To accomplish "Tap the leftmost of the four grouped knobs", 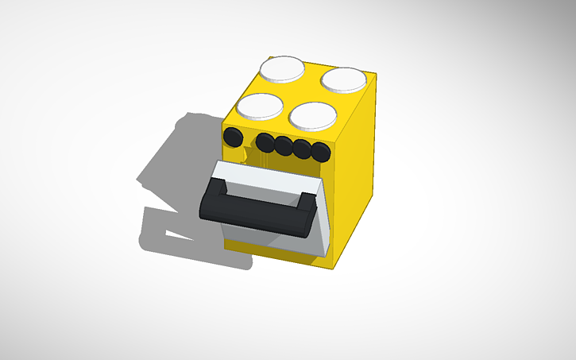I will (x=265, y=143).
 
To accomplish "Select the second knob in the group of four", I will (x=284, y=145).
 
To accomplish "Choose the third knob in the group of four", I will (x=302, y=149).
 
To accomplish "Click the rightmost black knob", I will (x=320, y=152).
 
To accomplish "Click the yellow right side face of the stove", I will (x=354, y=191).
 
